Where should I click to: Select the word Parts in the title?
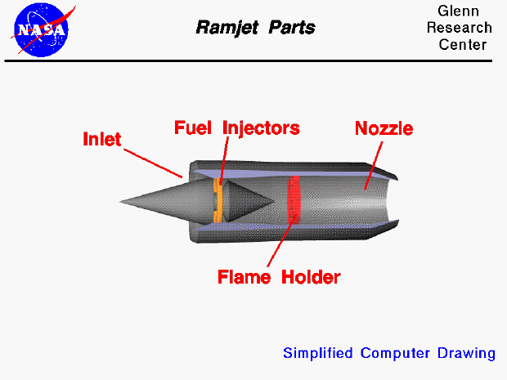[293, 28]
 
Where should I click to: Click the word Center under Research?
[462, 44]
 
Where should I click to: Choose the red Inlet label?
[101, 139]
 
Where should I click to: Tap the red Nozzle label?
[384, 128]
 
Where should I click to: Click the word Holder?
[311, 276]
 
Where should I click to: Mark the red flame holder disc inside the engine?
[296, 201]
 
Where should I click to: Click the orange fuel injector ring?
[218, 201]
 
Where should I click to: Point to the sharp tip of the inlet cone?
[120, 201]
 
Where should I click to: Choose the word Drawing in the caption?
[468, 353]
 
